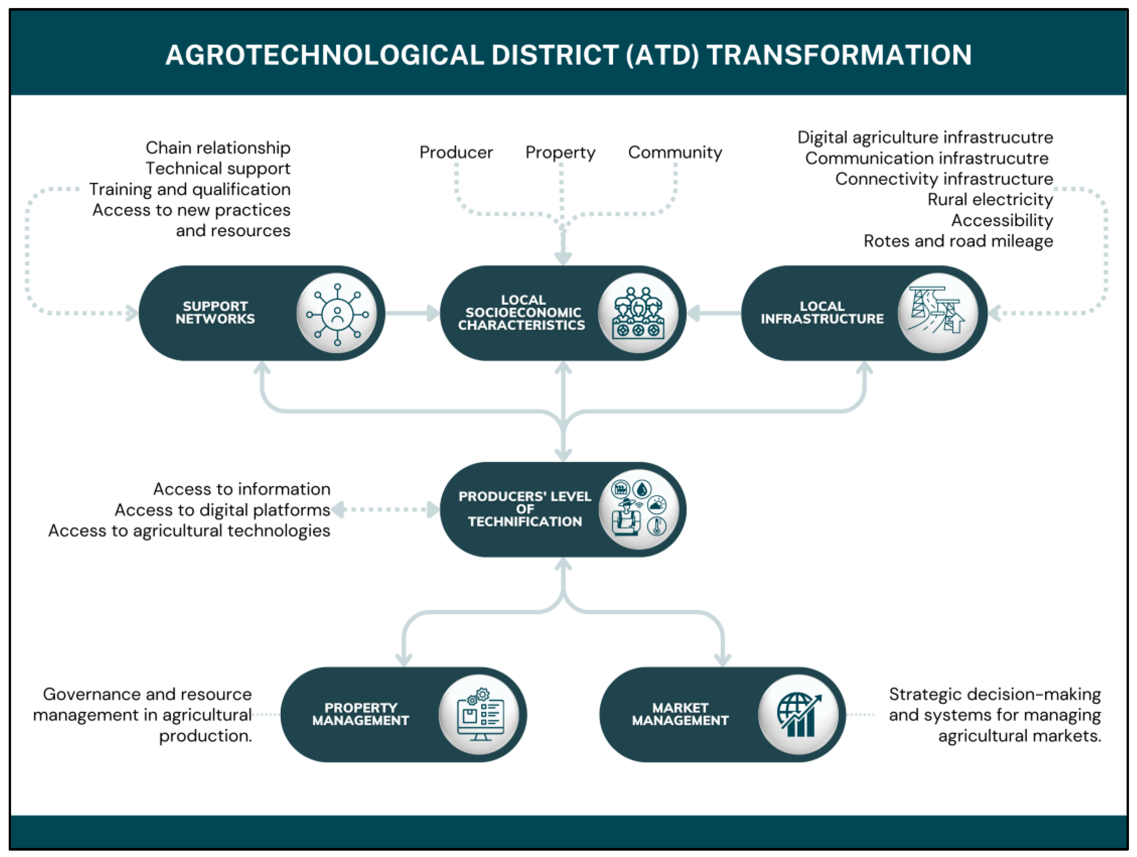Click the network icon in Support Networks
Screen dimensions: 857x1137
(337, 313)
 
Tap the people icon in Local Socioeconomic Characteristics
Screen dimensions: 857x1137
(638, 313)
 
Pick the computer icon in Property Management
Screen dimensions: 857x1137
(480, 715)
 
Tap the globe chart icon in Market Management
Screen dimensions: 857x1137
(798, 715)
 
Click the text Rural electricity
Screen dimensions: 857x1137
(990, 199)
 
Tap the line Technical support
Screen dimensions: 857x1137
(218, 169)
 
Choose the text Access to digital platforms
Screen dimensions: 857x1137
(222, 510)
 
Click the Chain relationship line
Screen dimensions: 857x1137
(218, 148)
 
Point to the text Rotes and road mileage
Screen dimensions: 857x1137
(958, 241)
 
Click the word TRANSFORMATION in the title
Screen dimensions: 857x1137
(839, 55)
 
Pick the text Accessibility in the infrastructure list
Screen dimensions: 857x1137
(1002, 220)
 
